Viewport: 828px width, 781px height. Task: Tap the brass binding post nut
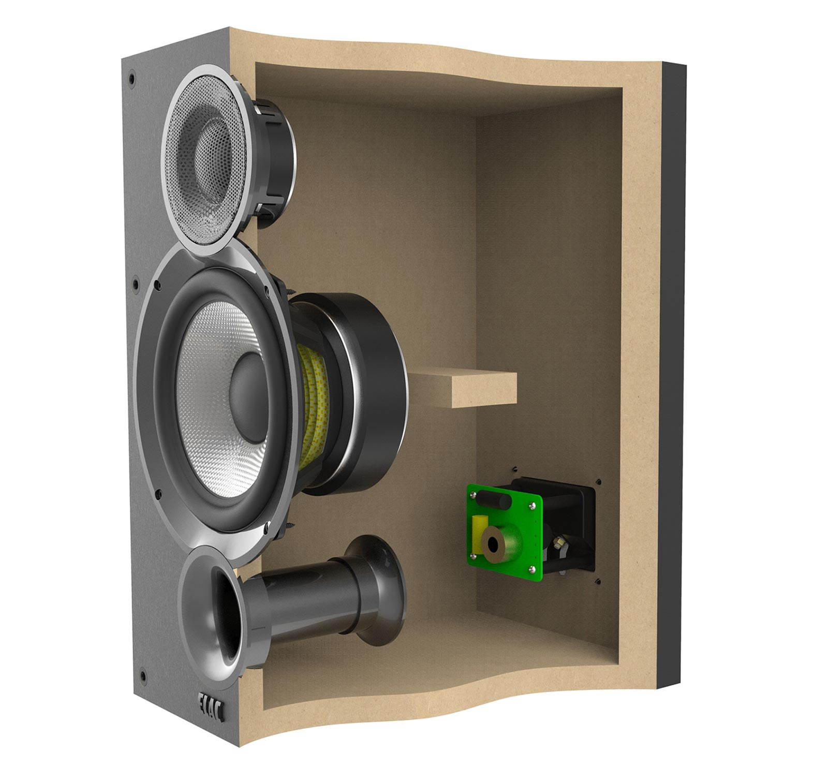559,542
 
